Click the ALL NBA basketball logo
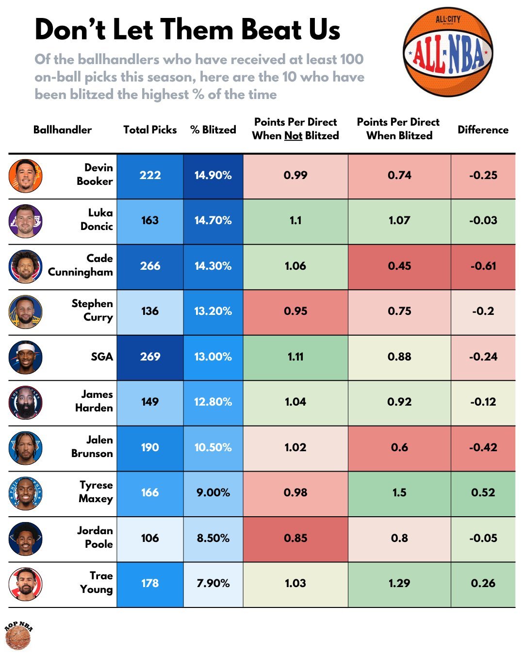coord(447,52)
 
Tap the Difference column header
coord(483,130)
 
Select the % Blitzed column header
coord(213,130)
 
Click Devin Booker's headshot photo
coord(25,176)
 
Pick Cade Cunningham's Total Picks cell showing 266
coord(150,266)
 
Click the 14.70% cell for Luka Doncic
coord(213,221)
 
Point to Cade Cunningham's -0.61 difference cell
coord(483,266)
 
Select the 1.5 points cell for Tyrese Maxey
coord(399,493)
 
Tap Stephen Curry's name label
coord(92,311)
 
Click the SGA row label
coord(102,357)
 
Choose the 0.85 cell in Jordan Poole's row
coord(295,538)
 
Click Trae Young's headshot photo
coord(25,584)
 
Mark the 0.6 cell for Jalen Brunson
coord(399,447)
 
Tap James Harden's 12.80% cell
coord(213,402)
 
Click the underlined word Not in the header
coord(293,136)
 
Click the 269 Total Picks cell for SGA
coord(150,357)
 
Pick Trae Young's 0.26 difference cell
coord(483,584)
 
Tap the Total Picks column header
coord(150,130)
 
